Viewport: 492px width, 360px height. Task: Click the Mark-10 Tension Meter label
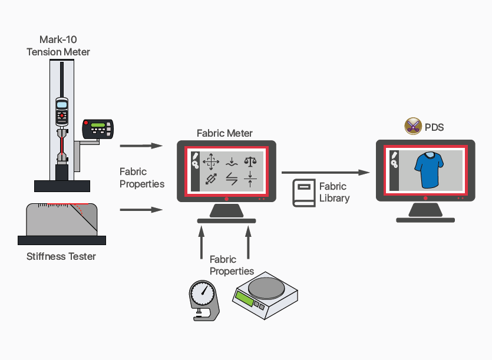(x=58, y=46)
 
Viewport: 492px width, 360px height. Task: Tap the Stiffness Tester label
(x=61, y=256)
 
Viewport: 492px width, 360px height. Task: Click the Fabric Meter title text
(x=224, y=133)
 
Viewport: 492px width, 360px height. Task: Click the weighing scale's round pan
(x=265, y=288)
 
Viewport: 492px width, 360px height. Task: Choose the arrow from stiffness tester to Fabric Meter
(x=141, y=209)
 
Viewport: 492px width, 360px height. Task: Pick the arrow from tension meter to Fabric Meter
(x=141, y=146)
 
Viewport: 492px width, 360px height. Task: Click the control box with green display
(x=97, y=128)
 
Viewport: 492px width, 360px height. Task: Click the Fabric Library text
(x=334, y=192)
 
